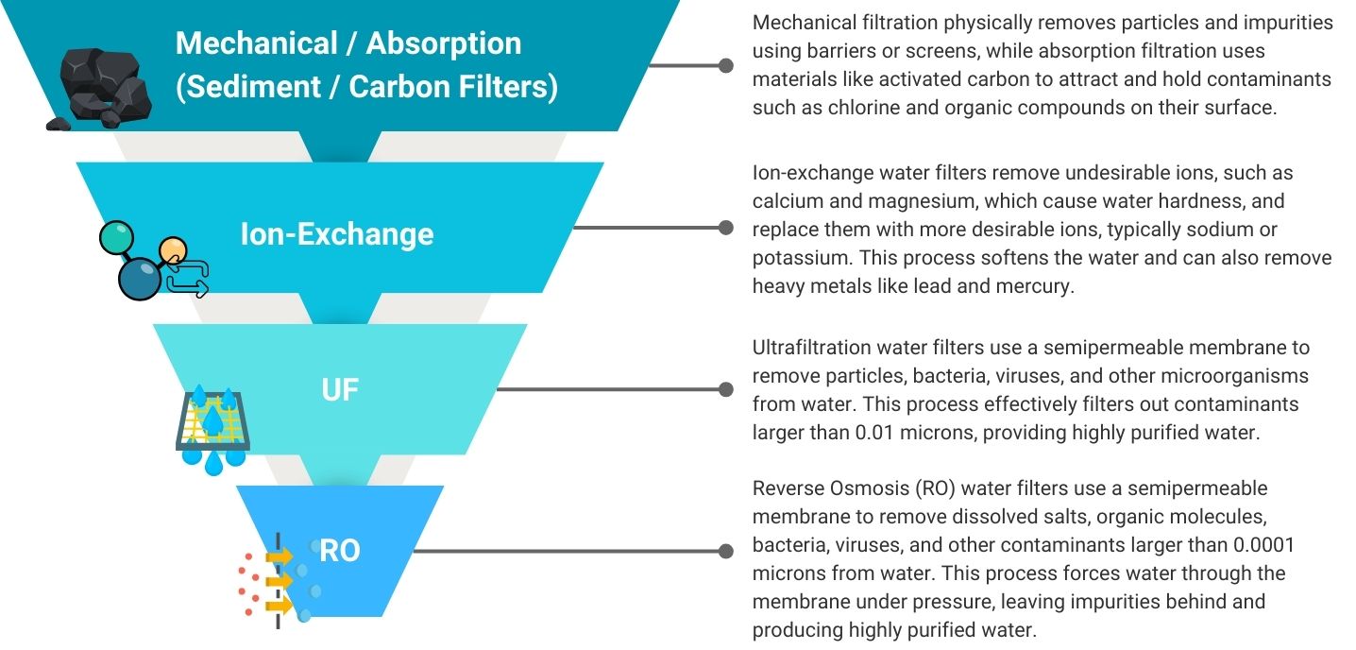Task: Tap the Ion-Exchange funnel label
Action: [337, 234]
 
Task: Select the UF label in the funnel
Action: [340, 389]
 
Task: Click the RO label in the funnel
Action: [340, 551]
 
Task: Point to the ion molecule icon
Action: [154, 261]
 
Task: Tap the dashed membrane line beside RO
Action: [278, 581]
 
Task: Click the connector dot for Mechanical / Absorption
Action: [726, 65]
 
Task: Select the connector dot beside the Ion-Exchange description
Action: [726, 228]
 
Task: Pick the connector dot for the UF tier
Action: [726, 389]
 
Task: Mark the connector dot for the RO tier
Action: [726, 551]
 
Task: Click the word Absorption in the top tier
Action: [444, 44]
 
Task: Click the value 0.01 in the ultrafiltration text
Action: [874, 433]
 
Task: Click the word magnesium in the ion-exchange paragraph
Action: [931, 202]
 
